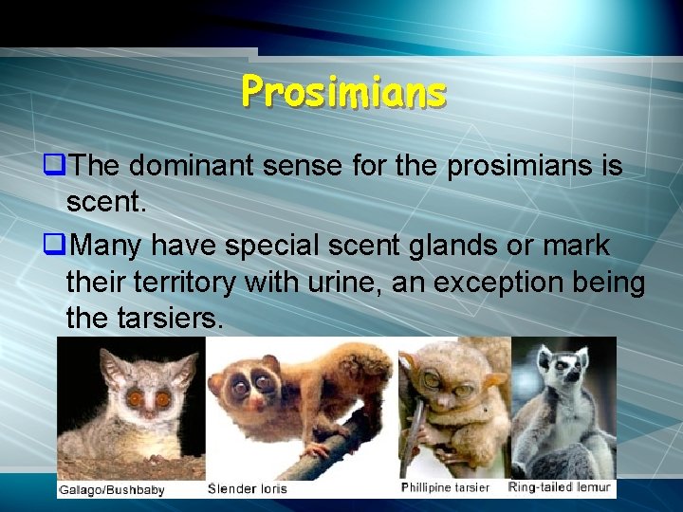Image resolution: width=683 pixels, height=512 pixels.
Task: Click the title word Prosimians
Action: tap(342, 92)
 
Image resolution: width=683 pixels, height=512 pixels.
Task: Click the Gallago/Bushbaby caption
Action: tap(112, 490)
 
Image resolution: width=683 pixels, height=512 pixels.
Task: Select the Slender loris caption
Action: tap(248, 489)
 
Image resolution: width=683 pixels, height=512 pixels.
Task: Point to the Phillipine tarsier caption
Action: tap(445, 488)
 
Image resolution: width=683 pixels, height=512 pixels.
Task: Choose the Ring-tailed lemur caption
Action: tap(561, 487)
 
